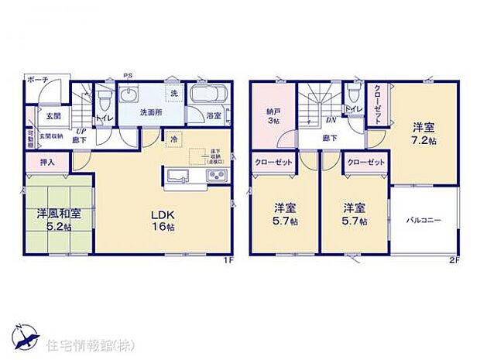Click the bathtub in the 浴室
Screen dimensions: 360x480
[207, 98]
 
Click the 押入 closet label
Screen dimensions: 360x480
[37, 163]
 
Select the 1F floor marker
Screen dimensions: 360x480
[228, 260]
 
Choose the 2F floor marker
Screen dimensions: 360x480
[454, 260]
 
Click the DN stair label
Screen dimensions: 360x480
[330, 121]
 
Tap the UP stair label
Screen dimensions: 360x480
[80, 131]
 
